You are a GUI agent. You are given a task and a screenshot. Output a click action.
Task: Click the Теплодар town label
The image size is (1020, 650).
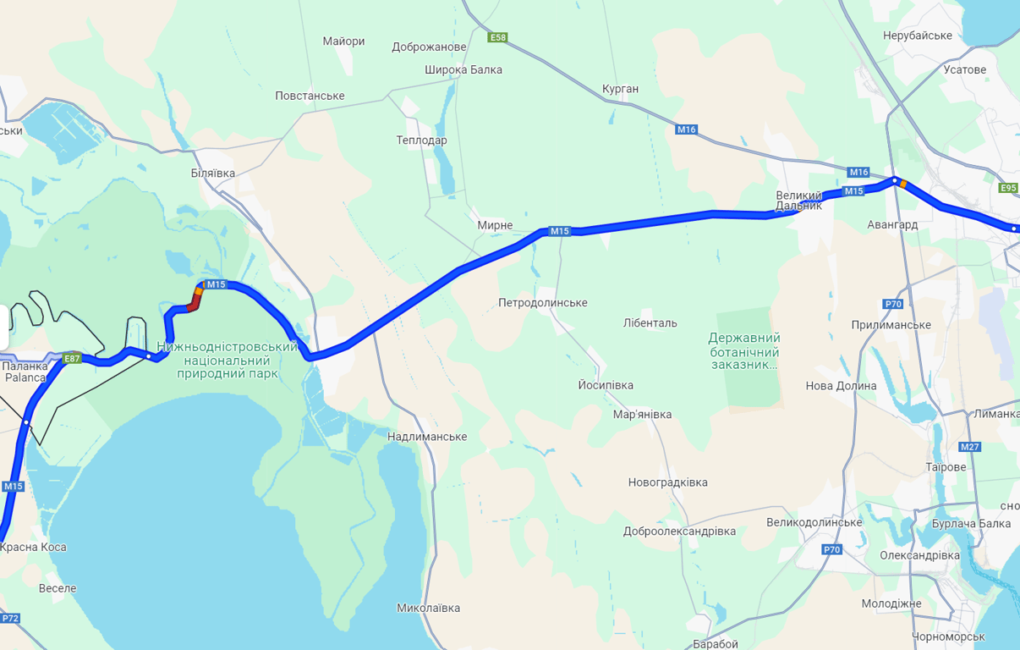pos(421,140)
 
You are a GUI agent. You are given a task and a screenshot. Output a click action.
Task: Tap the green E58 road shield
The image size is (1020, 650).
pos(498,37)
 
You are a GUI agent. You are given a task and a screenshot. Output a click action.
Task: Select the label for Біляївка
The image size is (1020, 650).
pos(213,174)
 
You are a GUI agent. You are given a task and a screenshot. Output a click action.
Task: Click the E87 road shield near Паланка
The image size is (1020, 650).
pos(73,359)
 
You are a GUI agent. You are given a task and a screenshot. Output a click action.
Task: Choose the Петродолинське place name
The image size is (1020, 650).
pos(542,303)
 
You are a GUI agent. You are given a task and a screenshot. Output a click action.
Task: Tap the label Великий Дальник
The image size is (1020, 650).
pos(798,201)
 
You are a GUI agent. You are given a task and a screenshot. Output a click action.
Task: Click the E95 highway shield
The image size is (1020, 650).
pos(1008,188)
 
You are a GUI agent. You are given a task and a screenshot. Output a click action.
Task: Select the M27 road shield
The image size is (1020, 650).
pos(969,447)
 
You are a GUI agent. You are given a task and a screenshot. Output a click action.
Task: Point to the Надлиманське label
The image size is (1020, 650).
pos(427,437)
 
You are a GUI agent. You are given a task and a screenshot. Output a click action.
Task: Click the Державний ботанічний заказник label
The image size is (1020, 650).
pos(743,351)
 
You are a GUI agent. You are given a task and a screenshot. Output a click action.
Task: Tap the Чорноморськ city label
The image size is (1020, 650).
pos(948,636)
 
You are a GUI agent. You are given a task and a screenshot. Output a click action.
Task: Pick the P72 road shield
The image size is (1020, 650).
pos(10,619)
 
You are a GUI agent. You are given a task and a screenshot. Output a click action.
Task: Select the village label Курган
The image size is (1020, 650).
pos(621,89)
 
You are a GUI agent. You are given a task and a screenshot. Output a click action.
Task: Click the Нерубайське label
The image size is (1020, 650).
pos(917,36)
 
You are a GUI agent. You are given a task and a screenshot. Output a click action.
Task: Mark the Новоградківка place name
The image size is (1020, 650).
pos(667,482)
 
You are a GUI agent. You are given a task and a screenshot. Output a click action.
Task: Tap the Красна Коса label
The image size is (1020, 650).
pos(33,548)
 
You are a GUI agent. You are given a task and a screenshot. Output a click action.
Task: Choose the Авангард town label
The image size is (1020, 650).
pos(892,225)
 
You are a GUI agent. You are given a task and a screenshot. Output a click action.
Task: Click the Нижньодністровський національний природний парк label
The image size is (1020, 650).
pos(228,360)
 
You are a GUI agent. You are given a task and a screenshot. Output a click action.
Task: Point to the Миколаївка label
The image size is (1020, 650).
pos(429,609)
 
